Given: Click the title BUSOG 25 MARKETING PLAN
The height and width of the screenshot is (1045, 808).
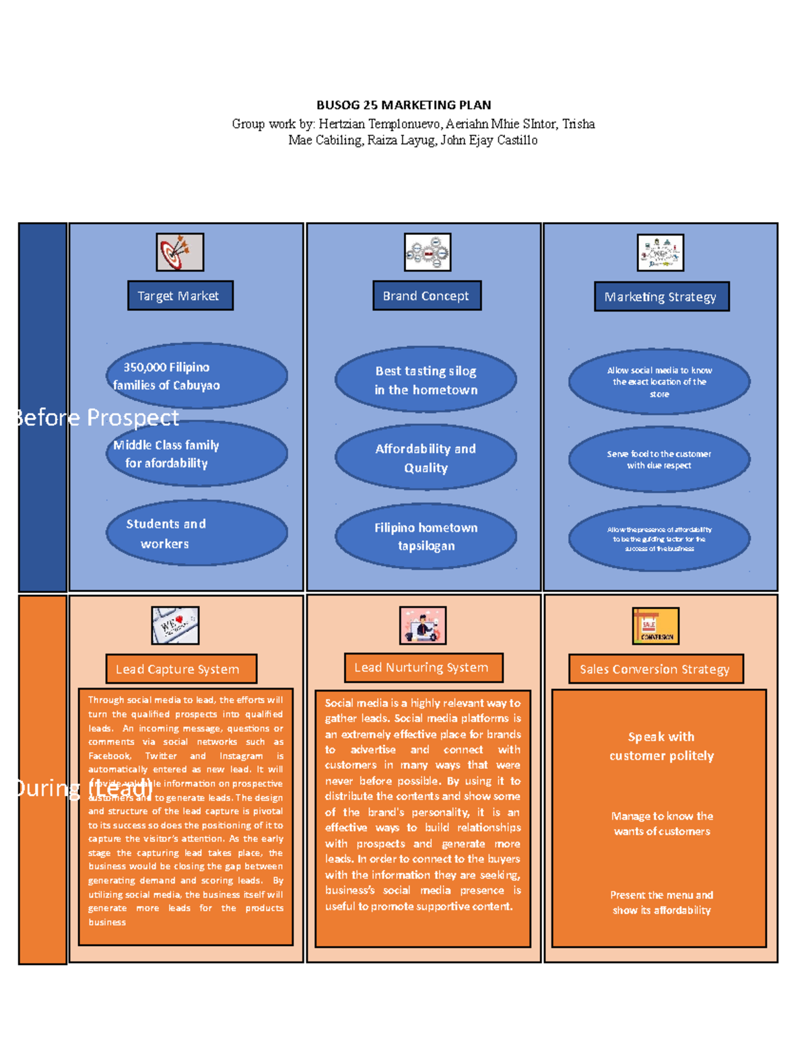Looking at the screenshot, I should click(x=404, y=105).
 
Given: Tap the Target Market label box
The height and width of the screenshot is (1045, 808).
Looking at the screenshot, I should click(x=180, y=295).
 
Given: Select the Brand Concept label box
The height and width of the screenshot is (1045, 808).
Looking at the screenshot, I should click(x=427, y=295).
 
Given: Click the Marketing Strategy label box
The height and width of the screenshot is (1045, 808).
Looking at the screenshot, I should click(x=661, y=297).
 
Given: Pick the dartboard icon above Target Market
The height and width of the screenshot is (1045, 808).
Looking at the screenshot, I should click(x=180, y=252).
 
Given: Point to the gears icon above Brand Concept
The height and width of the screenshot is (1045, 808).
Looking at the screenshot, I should click(x=427, y=252).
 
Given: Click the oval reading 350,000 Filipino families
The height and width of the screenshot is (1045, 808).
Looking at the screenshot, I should click(x=196, y=375).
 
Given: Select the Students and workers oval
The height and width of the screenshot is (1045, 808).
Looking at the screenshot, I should click(x=196, y=533).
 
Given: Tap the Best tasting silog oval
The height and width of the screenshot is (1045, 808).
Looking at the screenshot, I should click(x=426, y=380).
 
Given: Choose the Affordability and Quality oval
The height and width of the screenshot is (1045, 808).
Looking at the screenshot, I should click(x=426, y=458).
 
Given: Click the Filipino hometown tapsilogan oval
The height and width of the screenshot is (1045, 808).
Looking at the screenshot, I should click(x=426, y=536).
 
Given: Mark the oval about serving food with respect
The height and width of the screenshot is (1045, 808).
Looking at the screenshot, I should click(x=659, y=460).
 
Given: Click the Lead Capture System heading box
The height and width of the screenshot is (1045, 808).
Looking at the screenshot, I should click(x=181, y=669).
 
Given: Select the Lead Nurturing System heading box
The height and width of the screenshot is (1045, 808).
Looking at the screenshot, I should click(x=423, y=668).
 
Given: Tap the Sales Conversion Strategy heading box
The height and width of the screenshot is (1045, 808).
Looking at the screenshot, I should click(x=655, y=669).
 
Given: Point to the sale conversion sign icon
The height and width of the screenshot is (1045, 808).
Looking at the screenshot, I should click(x=655, y=626).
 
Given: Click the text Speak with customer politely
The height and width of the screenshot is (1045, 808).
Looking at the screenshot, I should click(x=661, y=746).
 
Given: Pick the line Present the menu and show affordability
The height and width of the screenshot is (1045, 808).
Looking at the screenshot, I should click(x=661, y=902).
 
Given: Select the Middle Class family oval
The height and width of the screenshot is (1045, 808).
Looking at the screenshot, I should click(x=196, y=454).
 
